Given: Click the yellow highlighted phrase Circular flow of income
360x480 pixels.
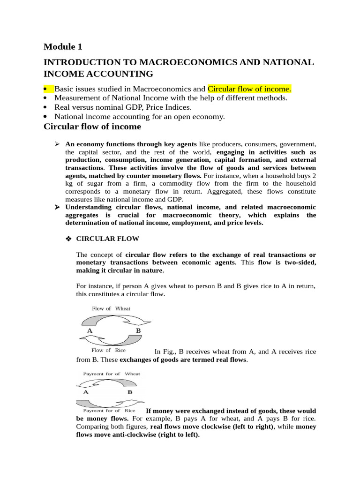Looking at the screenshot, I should [x=249, y=89].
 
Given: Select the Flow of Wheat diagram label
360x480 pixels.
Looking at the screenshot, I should [x=111, y=308].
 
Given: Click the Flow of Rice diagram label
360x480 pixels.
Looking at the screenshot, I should [x=108, y=350].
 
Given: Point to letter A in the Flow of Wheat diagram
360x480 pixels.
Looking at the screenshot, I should [x=90, y=330].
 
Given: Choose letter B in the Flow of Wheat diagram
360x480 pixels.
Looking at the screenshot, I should [x=138, y=330].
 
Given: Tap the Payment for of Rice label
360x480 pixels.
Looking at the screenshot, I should [x=109, y=411].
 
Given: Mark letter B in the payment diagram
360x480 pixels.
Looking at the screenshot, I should [x=130, y=391].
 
